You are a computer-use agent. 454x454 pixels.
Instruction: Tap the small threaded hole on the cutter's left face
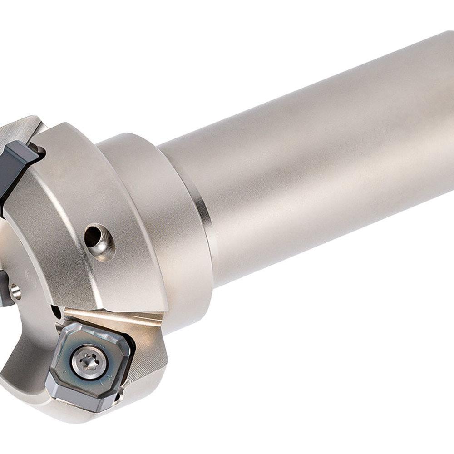16,291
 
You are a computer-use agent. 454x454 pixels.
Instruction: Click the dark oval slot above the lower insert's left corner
56,312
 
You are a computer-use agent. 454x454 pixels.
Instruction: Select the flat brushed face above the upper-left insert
23,129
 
